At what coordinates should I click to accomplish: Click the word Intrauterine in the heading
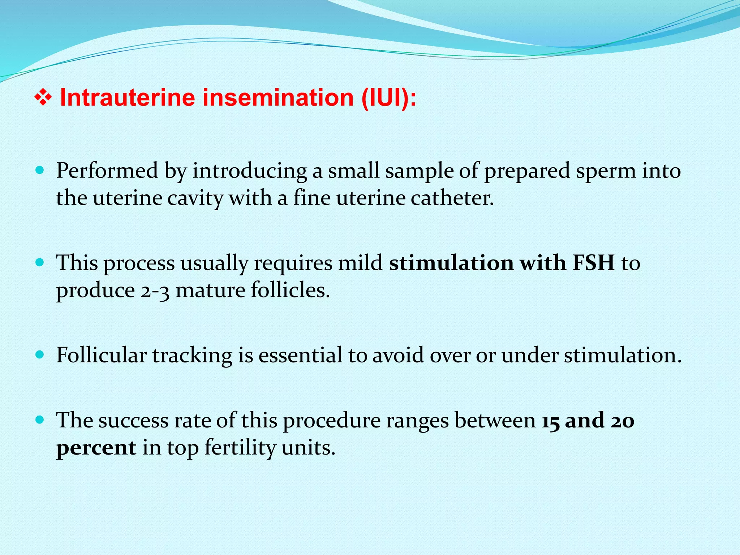point(127,98)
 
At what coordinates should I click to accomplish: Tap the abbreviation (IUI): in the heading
point(389,98)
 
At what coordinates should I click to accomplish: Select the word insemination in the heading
point(278,98)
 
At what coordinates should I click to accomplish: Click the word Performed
point(107,171)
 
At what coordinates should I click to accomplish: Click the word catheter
point(452,198)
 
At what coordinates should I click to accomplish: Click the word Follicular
point(101,355)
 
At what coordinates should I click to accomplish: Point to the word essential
point(300,355)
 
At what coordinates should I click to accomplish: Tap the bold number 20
point(623,420)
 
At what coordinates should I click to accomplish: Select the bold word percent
point(96,448)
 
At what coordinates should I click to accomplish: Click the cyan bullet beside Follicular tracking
point(40,354)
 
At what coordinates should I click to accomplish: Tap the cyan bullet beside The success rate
point(40,420)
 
